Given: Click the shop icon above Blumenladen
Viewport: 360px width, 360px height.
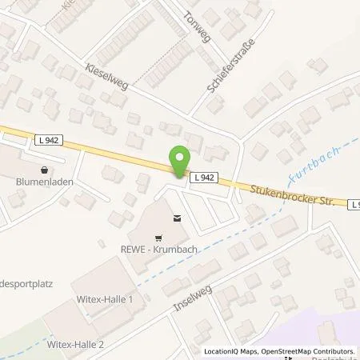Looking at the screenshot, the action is pos(42,170).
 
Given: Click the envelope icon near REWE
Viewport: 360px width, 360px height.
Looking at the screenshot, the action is pos(176,217).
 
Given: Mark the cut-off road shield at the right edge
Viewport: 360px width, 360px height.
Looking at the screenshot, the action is pos(354,205).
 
